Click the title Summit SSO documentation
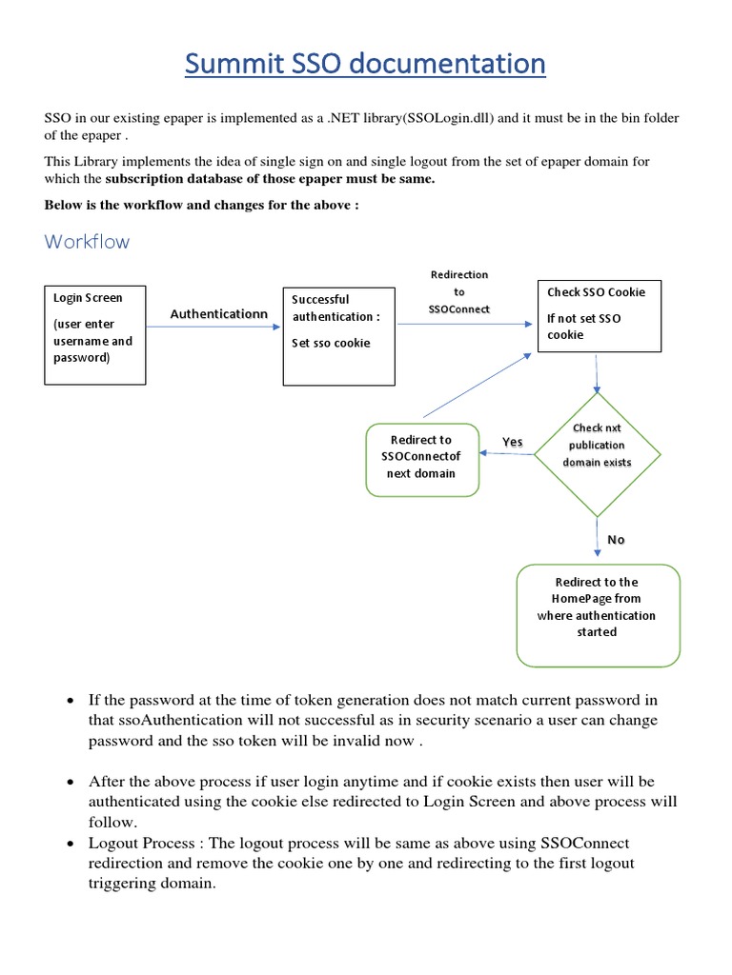(366, 65)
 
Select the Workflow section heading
(87, 242)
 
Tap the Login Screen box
(95, 333)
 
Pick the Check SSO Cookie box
(598, 316)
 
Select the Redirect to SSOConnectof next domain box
(422, 459)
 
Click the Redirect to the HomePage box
(598, 614)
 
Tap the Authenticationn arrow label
(214, 313)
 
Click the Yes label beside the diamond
(513, 442)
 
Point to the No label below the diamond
(616, 540)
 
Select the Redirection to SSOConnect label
(459, 292)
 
